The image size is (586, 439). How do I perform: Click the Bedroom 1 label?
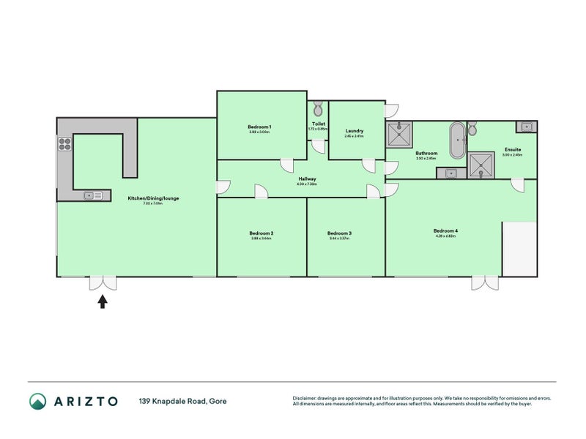[261, 127]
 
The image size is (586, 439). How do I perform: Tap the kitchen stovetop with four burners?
[64, 143]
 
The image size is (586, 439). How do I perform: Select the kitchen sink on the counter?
[92, 195]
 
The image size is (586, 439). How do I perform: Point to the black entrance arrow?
[103, 301]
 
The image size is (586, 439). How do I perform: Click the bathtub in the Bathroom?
[456, 140]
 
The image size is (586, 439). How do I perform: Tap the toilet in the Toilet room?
[317, 110]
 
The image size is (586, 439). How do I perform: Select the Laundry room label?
[355, 131]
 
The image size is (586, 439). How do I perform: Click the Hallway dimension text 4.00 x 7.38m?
[307, 184]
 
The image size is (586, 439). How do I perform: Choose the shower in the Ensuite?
[481, 165]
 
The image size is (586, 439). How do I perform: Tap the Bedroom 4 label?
[445, 231]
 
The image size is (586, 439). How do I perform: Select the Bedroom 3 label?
[340, 233]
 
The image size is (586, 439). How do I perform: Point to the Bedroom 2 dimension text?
[261, 239]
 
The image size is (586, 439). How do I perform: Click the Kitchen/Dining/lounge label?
[154, 198]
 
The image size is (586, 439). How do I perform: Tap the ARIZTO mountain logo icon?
[37, 401]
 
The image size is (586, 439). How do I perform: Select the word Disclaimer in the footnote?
[308, 398]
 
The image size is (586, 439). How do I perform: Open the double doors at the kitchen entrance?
[103, 283]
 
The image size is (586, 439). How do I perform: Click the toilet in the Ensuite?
[472, 129]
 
